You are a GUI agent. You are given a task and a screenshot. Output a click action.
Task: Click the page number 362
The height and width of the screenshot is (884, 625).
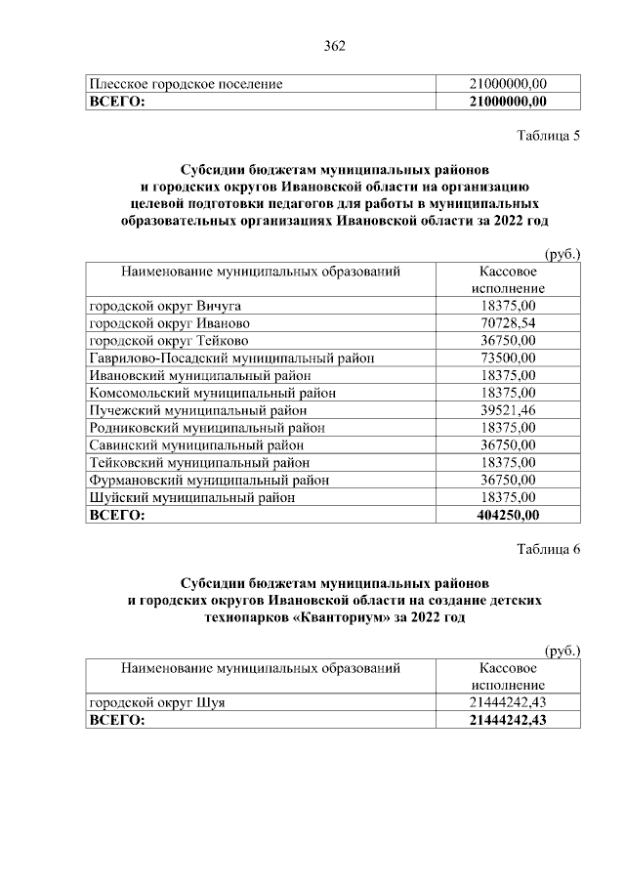tap(335, 45)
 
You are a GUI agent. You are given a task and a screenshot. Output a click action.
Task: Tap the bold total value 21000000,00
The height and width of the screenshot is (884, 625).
tap(508, 101)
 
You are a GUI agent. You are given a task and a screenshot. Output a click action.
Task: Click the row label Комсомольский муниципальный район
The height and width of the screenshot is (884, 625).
tap(212, 393)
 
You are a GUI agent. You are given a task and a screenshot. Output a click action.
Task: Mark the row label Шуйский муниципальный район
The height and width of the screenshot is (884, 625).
tap(192, 497)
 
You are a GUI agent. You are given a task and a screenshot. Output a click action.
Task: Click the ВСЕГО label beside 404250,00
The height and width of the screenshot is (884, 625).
tap(116, 514)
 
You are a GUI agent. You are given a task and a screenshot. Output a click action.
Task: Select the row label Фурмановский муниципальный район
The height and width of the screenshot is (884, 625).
tap(209, 480)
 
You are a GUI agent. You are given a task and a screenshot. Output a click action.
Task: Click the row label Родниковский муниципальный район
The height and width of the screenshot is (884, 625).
tap(207, 427)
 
